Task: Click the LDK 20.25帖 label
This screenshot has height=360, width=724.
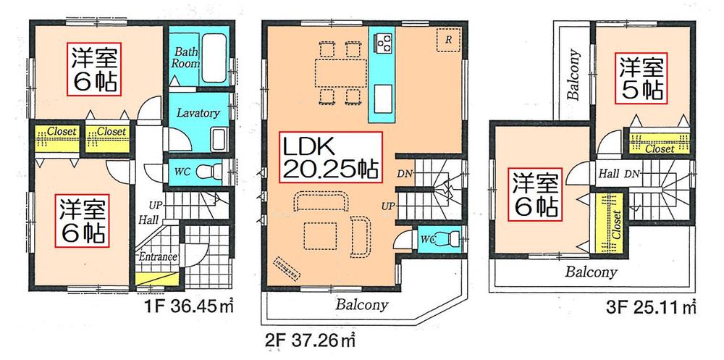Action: coord(329,157)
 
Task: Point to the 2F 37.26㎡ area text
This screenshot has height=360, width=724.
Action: coord(313,338)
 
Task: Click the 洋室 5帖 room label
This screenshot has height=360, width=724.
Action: coord(641,78)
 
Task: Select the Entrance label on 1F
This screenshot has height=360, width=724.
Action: coord(158,257)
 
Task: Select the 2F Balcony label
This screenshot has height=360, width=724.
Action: coord(362,304)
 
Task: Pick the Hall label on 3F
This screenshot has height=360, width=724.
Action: coord(607,174)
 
